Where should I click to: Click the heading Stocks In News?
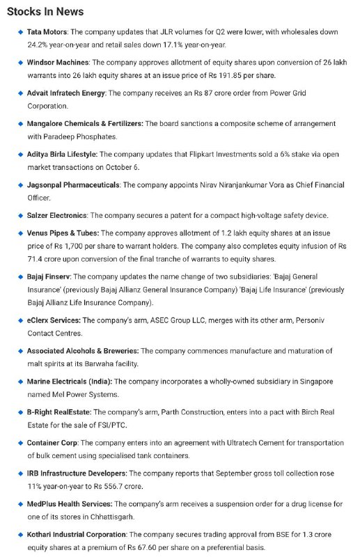[45, 11]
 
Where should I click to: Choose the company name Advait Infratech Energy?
[65, 93]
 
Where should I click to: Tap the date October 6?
[122, 167]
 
